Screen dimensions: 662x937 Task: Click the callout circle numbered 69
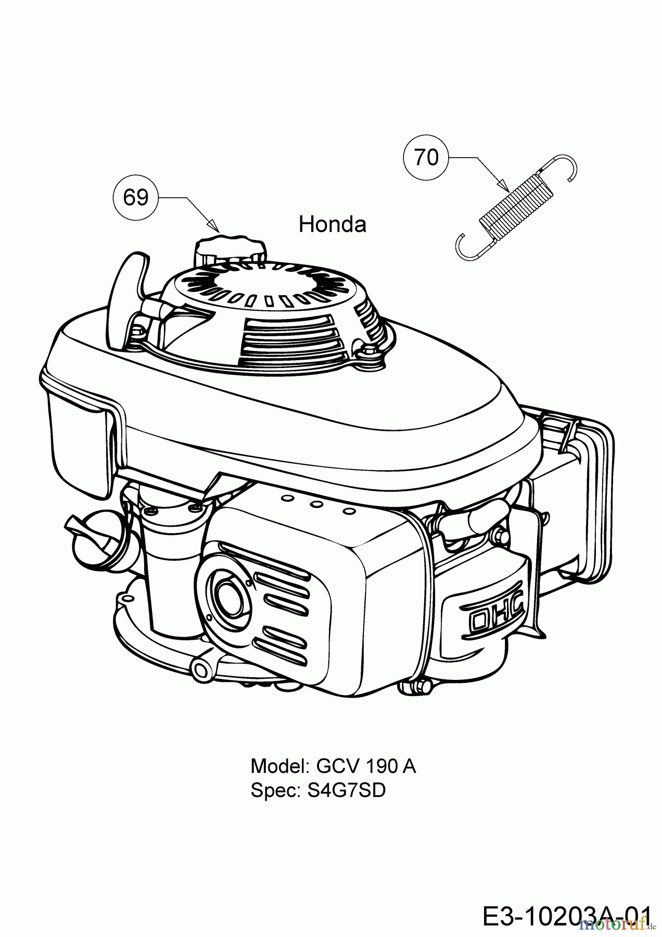(136, 197)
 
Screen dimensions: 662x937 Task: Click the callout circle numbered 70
(427, 157)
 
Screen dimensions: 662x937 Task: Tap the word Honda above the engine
(333, 224)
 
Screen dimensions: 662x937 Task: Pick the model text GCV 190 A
(366, 766)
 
